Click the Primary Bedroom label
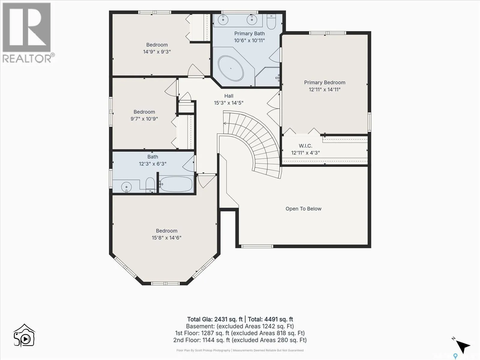pos(325,82)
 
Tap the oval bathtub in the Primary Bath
pos(231,68)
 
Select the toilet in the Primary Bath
pos(271,22)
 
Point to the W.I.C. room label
pos(305,146)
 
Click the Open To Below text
pos(304,209)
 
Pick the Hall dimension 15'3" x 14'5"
pos(229,103)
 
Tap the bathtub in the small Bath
pos(176,184)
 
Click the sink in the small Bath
pos(126,187)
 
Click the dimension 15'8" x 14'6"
pos(166,238)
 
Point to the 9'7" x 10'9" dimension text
pos(144,119)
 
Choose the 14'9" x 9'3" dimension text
pos(157,52)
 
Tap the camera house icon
pos(24,335)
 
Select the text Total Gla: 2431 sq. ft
pos(215,319)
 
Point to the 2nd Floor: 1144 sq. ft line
pos(240,340)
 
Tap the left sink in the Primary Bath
pos(223,20)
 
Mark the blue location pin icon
pos(455,356)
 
